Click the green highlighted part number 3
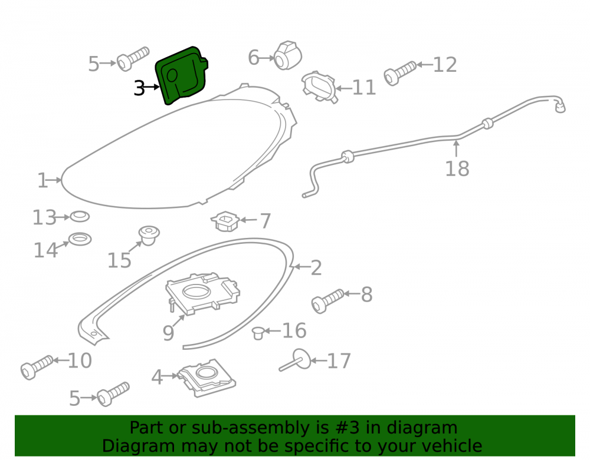point(181,75)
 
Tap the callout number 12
point(445,65)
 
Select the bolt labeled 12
point(399,73)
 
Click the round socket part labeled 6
point(287,55)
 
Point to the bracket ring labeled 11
point(319,87)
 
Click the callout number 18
point(457,168)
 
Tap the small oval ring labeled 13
point(80,216)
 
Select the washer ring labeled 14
point(80,239)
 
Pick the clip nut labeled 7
point(225,221)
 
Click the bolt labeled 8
point(327,301)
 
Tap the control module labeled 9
point(202,293)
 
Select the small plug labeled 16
point(258,333)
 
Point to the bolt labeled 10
point(37,367)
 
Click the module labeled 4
point(206,378)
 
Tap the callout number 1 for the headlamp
point(42,181)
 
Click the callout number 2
point(316,268)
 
